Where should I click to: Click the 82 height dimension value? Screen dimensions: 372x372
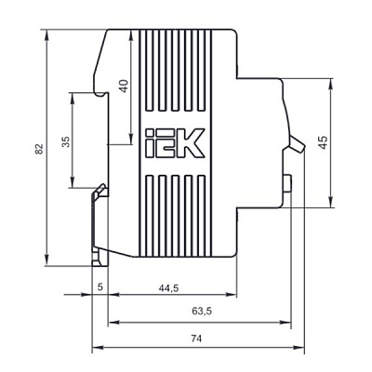click(x=39, y=149)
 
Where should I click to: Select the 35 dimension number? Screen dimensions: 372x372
click(x=66, y=141)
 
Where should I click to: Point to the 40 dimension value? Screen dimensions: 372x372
click(x=124, y=86)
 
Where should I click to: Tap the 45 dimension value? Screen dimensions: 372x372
click(x=323, y=142)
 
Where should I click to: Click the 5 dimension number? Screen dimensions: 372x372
click(x=100, y=286)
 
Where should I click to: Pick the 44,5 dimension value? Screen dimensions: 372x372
click(x=168, y=288)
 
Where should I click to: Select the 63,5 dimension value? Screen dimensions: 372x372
click(x=202, y=311)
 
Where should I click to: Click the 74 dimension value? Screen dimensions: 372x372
click(x=196, y=339)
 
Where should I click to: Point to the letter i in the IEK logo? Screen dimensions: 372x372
click(x=150, y=143)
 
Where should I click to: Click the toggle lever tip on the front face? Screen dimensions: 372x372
click(x=301, y=149)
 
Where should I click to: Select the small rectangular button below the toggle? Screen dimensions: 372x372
click(x=287, y=183)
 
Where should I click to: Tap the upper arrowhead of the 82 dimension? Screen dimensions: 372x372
click(x=46, y=34)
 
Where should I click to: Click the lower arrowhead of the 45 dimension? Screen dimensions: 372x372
click(x=331, y=202)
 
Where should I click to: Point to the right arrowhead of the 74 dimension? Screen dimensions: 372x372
click(x=299, y=348)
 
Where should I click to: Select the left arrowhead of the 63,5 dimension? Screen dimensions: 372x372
click(x=113, y=323)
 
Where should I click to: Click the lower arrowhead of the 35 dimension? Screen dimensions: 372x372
click(x=72, y=182)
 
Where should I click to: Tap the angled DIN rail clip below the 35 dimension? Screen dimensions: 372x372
click(x=100, y=191)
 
